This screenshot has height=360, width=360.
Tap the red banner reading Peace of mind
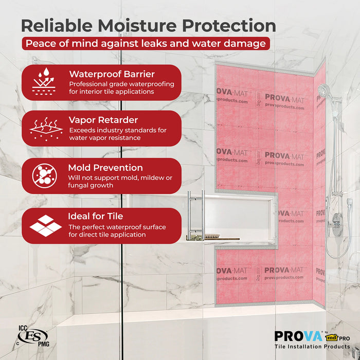click(146, 44)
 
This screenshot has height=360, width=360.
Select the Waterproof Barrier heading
click(111, 74)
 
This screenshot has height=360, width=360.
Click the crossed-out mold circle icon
click(43, 175)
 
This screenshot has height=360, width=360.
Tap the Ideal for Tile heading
click(96, 216)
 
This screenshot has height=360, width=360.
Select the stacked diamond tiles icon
click(45, 225)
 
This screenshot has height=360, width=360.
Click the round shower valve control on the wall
click(337, 226)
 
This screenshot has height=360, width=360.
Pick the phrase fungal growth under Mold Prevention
click(91, 185)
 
